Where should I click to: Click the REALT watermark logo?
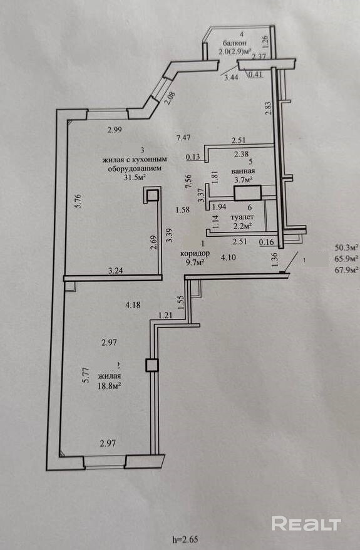306,524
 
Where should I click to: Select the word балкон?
235,43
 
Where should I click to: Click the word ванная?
243,171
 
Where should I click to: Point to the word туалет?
242,217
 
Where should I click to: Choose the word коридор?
195,253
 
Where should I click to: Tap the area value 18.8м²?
109,385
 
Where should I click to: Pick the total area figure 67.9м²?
347,270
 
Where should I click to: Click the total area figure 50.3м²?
347,247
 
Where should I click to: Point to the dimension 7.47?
183,138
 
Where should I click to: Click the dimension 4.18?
133,305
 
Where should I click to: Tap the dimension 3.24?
115,271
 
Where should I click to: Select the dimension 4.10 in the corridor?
228,257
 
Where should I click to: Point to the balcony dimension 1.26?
265,42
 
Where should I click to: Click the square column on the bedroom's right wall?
152,365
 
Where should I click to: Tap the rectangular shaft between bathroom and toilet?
247,194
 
